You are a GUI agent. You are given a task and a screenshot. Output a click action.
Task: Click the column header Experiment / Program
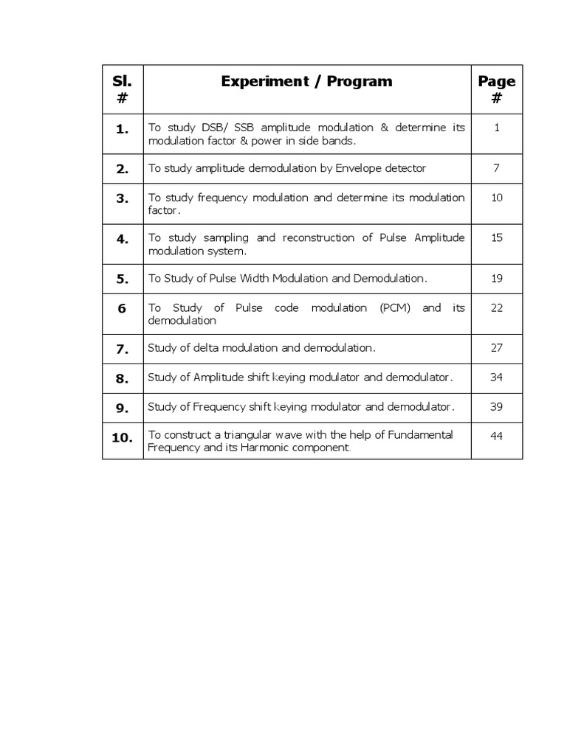306,82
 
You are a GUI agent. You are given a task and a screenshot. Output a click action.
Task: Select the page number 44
497,436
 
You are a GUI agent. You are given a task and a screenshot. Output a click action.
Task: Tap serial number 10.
123,437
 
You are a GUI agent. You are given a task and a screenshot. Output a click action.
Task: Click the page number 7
497,168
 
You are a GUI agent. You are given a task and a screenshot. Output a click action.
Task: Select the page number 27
497,348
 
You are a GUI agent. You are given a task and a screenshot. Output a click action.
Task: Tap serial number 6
123,309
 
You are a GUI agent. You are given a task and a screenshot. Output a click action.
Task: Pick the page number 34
497,377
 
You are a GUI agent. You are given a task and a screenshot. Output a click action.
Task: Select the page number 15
497,238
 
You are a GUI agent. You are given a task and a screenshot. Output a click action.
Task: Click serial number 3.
123,198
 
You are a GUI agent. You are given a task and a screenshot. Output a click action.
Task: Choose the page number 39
497,407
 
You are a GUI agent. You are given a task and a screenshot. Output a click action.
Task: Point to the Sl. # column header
123,88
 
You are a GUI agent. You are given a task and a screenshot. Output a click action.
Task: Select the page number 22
497,308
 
